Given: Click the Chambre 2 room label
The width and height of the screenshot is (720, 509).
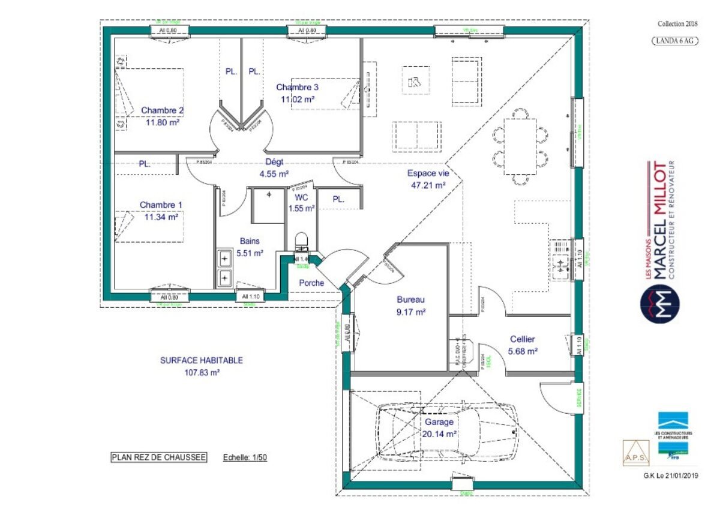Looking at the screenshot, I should click(x=162, y=110).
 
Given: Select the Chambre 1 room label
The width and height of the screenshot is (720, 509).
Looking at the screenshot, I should click(x=161, y=205).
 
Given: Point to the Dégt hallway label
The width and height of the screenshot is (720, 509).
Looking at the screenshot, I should click(x=274, y=161).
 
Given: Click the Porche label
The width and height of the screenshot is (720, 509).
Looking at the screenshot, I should click(x=311, y=283).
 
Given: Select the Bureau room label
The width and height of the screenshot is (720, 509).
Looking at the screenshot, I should click(x=410, y=300).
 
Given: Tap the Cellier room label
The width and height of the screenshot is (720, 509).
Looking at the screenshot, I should click(x=523, y=339).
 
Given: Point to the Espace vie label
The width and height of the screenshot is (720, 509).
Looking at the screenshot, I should click(x=428, y=173).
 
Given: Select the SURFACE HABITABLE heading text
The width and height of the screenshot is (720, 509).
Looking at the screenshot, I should click(x=202, y=360).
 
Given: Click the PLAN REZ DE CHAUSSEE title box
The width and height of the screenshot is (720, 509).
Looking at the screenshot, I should click(x=159, y=457).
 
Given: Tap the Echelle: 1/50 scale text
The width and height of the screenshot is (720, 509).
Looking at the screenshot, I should click(x=245, y=458).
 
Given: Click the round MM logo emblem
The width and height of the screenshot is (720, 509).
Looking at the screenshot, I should click(x=659, y=301).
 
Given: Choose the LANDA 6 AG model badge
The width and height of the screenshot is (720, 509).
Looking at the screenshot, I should click(x=674, y=40).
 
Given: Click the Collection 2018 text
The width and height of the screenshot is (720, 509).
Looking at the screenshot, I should click(x=678, y=23).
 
